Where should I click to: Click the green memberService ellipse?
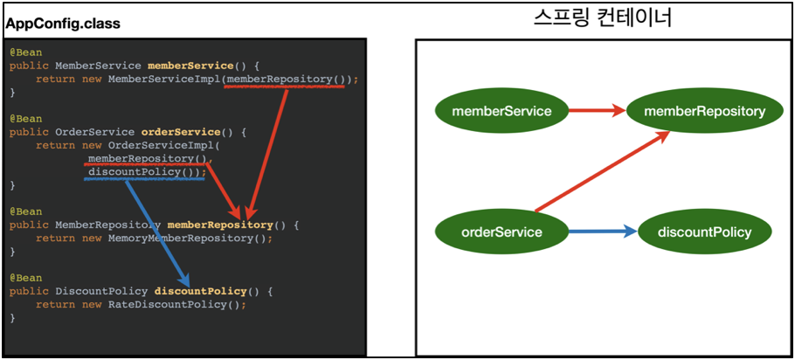coord(501,111)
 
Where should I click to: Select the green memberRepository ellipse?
coord(704,111)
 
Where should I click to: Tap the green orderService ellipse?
coord(501,232)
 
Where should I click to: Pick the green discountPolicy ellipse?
coord(704,232)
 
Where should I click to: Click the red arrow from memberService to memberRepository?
coord(597,111)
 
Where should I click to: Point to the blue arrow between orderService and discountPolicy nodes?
coord(602,232)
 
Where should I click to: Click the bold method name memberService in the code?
coord(190,66)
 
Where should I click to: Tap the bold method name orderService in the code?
coord(181,132)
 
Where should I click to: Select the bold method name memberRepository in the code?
coord(220,225)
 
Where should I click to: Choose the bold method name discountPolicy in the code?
coord(200,291)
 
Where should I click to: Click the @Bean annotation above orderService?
coord(25,119)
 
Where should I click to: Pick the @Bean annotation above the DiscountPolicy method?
coord(25,278)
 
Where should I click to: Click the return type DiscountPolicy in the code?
coord(101,291)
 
